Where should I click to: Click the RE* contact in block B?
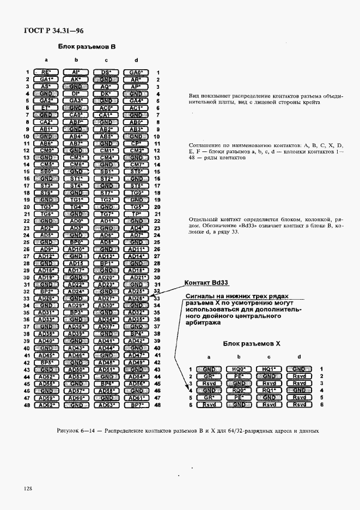(x=46, y=72)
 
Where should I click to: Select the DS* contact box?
(x=106, y=72)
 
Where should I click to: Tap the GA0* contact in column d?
(x=136, y=72)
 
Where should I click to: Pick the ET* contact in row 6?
(x=46, y=108)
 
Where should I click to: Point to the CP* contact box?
(x=136, y=143)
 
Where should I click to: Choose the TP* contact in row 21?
(x=136, y=214)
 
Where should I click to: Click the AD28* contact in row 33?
(x=136, y=299)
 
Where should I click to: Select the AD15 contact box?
(x=76, y=263)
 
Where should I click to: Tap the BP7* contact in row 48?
(x=136, y=405)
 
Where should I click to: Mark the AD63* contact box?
(x=106, y=405)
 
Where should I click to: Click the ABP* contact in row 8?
(x=76, y=122)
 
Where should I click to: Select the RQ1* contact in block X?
(x=267, y=390)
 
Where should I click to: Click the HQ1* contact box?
(x=267, y=369)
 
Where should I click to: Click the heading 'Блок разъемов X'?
(x=251, y=344)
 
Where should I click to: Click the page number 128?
(x=29, y=489)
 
